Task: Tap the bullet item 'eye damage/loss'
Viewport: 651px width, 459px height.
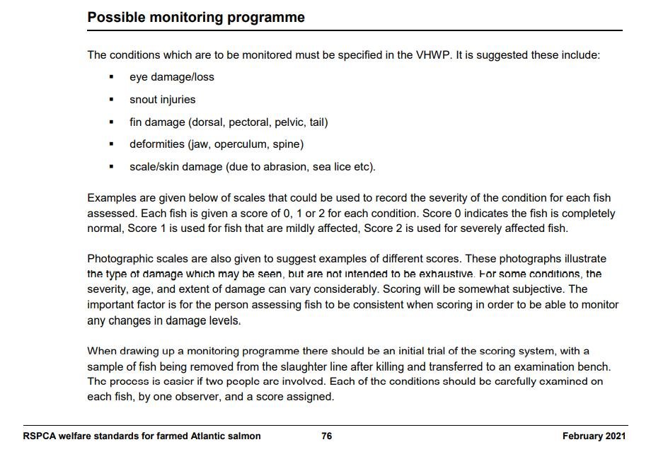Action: coord(171,76)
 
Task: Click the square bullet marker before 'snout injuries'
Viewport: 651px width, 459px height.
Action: coord(112,100)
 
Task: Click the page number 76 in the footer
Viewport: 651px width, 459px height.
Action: coord(326,436)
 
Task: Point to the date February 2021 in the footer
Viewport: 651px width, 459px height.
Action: coord(594,436)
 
